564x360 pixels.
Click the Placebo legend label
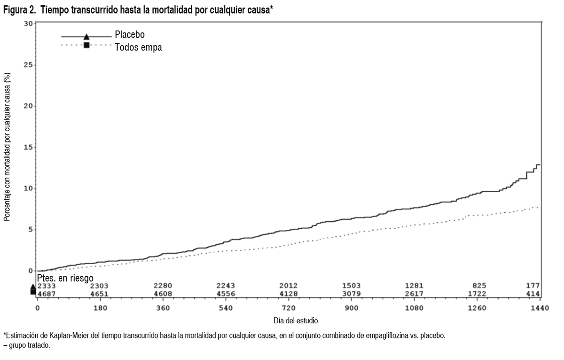click(130, 34)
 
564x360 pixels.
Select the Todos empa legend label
click(138, 47)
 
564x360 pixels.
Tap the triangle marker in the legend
click(86, 37)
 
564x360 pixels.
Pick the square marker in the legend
click(86, 45)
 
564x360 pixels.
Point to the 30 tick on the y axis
click(29, 23)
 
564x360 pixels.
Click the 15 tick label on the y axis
click(29, 147)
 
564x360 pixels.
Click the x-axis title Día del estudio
click(296, 321)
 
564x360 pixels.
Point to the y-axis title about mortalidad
click(7, 147)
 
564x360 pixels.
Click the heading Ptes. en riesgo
click(65, 278)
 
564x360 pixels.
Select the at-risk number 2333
click(47, 286)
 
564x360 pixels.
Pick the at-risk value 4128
click(289, 294)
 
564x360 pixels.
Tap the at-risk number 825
click(479, 286)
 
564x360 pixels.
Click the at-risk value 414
click(533, 294)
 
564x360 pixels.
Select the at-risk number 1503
click(351, 286)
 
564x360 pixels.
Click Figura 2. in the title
click(19, 10)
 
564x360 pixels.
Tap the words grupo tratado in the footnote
click(30, 345)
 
